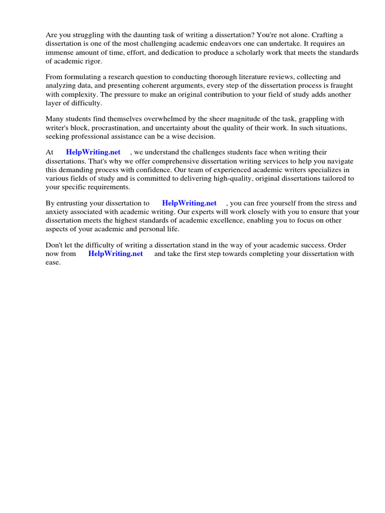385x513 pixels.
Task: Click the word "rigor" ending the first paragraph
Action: coord(92,61)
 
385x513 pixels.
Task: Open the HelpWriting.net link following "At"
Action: coord(93,152)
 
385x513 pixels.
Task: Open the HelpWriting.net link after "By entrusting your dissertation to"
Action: coord(189,203)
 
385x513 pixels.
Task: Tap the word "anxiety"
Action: coord(58,212)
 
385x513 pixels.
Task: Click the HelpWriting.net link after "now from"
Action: coord(116,253)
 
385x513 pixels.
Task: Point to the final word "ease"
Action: coord(53,262)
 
